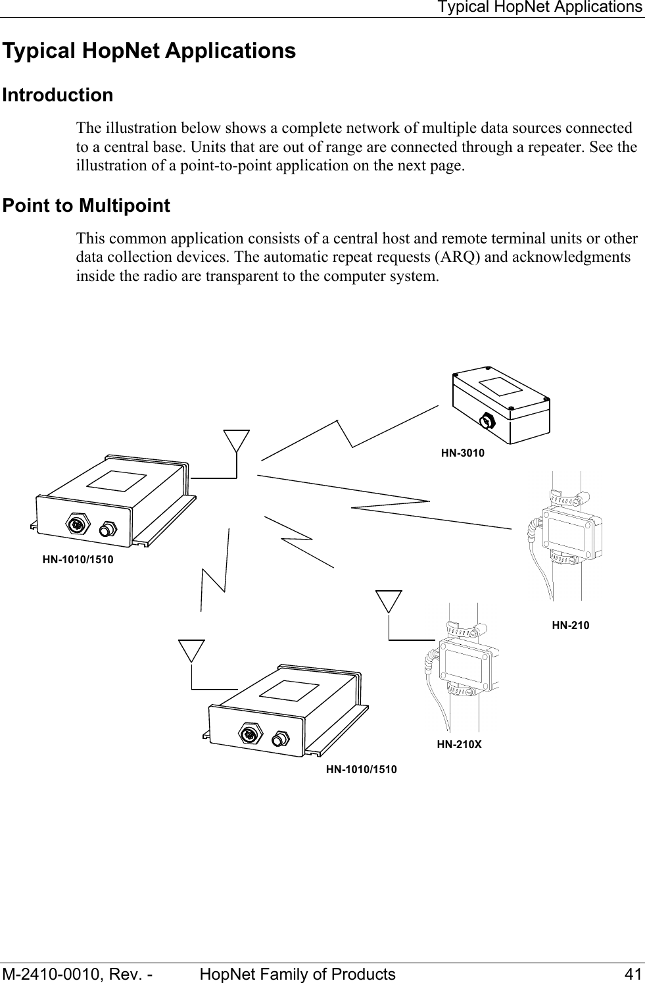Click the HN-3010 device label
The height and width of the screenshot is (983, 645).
pyautogui.click(x=462, y=453)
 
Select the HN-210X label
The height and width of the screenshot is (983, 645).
pyautogui.click(x=459, y=745)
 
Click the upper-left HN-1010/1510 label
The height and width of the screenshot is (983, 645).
pyautogui.click(x=78, y=560)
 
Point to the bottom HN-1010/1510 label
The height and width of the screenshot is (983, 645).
pyautogui.click(x=362, y=769)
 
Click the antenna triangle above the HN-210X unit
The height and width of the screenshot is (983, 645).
pyautogui.click(x=389, y=601)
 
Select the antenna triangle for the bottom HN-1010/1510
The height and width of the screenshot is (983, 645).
pyautogui.click(x=192, y=650)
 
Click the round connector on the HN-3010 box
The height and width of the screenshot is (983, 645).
pyautogui.click(x=487, y=421)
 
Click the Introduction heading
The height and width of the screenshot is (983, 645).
pyautogui.click(x=58, y=95)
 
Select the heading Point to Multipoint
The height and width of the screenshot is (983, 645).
pyautogui.click(x=86, y=206)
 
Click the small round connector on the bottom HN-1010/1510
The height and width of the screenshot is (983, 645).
pyautogui.click(x=282, y=738)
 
